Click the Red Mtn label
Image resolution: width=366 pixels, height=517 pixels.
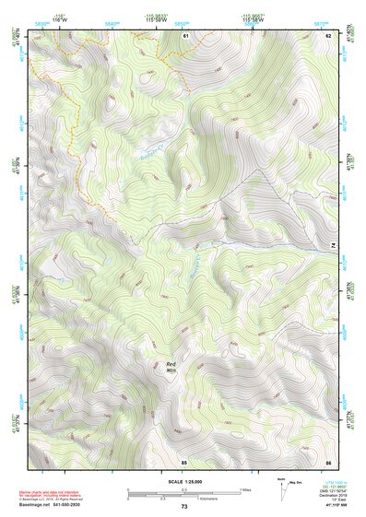(171, 366)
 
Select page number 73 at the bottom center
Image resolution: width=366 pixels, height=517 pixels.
(183, 507)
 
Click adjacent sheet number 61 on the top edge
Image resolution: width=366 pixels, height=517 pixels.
(185, 35)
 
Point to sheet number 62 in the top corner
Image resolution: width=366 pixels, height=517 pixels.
(328, 35)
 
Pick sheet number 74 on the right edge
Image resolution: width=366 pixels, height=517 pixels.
(334, 244)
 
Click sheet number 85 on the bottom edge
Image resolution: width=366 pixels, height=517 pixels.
(184, 461)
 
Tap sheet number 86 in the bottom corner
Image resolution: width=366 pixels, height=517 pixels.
(328, 461)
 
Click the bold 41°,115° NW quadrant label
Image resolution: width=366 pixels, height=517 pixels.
(329, 506)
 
